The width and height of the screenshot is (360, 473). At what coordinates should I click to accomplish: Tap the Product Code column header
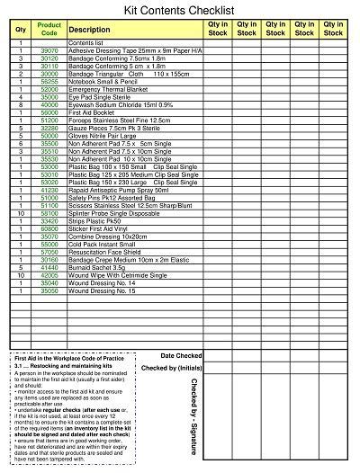click(49, 29)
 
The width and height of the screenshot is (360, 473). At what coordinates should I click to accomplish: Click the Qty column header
click(21, 30)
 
